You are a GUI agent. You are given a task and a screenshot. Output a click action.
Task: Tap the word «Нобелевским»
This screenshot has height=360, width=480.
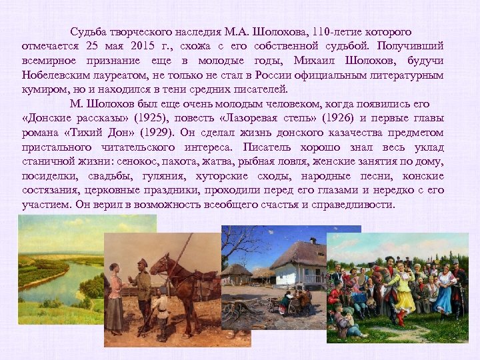[54, 75]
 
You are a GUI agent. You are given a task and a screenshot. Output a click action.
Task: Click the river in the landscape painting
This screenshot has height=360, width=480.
[47, 280]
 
